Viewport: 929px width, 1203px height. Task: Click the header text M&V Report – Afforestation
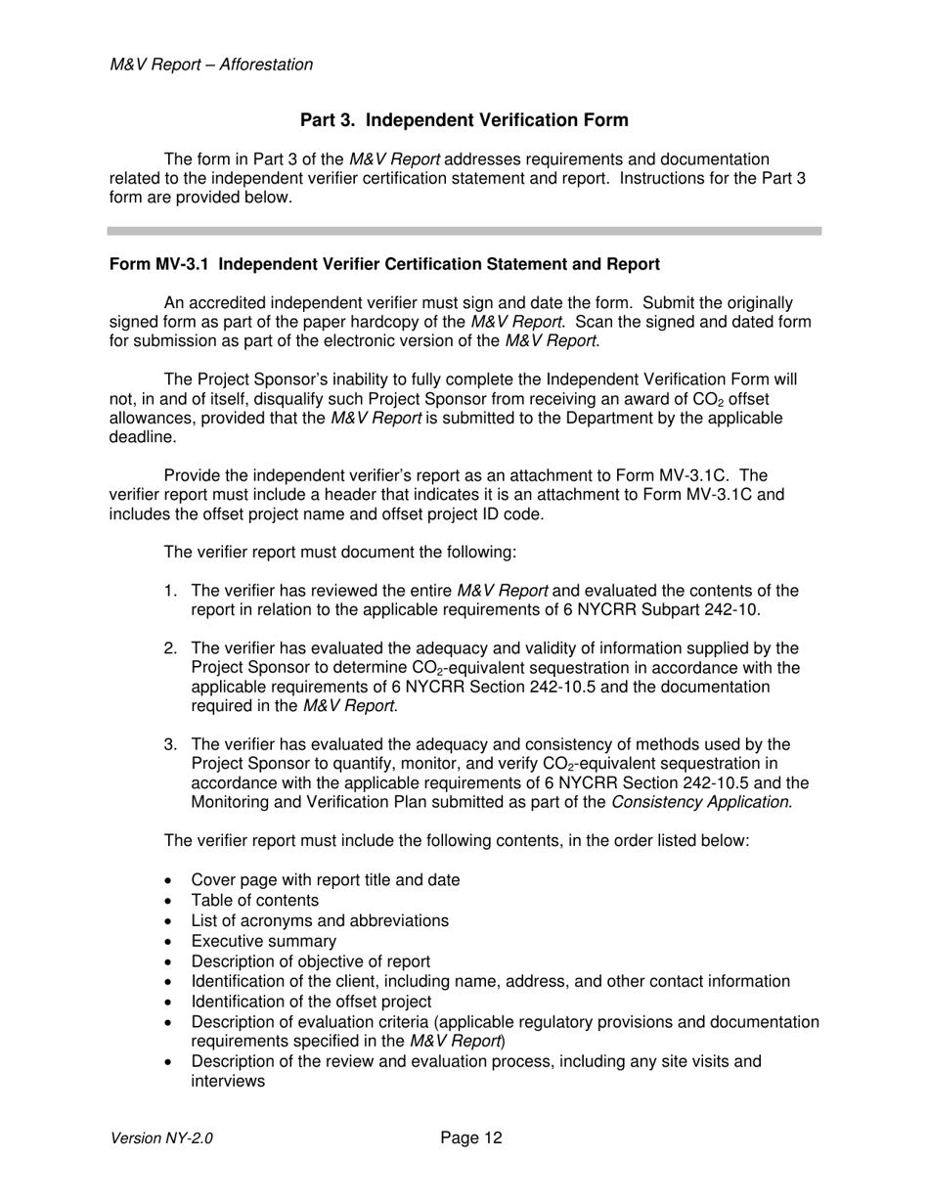tap(211, 65)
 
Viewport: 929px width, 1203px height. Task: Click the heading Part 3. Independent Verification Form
tap(464, 120)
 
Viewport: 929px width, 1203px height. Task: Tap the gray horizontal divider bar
tap(464, 231)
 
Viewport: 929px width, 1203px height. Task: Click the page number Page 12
tap(471, 1137)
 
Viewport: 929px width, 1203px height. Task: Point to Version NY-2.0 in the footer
tap(161, 1138)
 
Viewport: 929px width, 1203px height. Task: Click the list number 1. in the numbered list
tap(171, 591)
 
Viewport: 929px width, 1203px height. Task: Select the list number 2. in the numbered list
tap(171, 648)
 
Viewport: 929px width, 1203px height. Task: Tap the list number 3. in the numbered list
tap(171, 744)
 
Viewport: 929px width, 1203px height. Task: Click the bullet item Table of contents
tap(254, 900)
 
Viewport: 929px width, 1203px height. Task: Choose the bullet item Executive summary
tap(263, 941)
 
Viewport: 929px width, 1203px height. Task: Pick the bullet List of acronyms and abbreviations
tap(320, 920)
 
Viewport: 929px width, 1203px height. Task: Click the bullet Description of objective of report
tap(310, 961)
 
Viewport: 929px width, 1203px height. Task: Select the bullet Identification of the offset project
tap(311, 1002)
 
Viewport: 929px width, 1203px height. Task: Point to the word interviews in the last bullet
tap(228, 1082)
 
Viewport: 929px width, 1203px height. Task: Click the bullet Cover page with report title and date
tap(325, 879)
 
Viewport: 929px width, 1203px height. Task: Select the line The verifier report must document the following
tap(339, 553)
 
